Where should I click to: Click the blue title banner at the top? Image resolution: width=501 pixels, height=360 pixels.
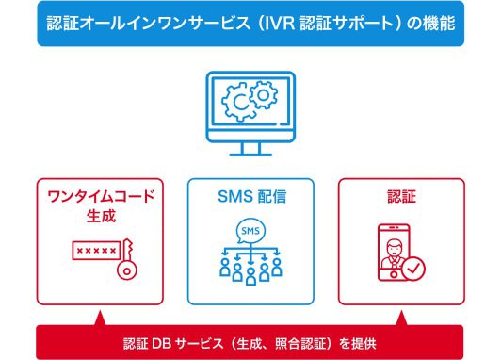(x=250, y=23)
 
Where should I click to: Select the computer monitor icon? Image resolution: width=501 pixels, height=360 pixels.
(x=250, y=110)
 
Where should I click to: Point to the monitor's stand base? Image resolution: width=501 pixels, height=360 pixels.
(x=250, y=155)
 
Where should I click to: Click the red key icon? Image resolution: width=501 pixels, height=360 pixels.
(x=127, y=264)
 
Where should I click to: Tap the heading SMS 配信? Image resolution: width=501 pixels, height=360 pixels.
(x=250, y=198)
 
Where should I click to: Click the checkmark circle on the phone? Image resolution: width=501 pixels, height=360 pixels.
(x=415, y=270)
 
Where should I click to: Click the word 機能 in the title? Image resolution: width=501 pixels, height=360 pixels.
(x=439, y=23)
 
